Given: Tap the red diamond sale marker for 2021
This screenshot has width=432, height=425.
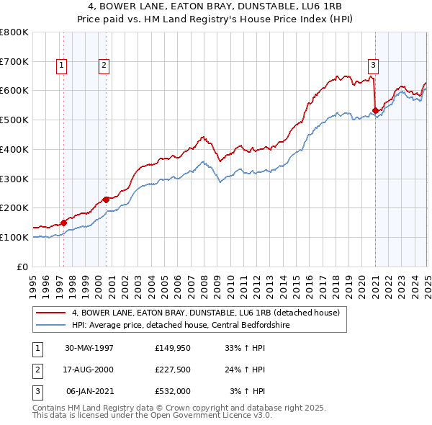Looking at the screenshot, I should tap(375, 110).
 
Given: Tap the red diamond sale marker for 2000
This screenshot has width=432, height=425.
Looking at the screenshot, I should tap(106, 200).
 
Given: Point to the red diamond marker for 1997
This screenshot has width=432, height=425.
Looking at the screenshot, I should tap(63, 223).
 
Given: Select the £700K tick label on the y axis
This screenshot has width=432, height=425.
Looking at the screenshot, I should tap(14, 61).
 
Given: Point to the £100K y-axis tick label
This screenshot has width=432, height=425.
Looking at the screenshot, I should tap(14, 237).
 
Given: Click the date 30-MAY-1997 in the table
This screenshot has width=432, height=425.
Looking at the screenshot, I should tap(89, 347).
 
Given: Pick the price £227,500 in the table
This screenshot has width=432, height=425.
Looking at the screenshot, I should tap(173, 370).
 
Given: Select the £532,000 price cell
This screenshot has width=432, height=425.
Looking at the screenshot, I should tap(173, 392).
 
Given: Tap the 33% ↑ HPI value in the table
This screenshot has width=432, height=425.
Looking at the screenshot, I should tap(246, 347).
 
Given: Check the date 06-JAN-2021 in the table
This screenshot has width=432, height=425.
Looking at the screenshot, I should tap(89, 392).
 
